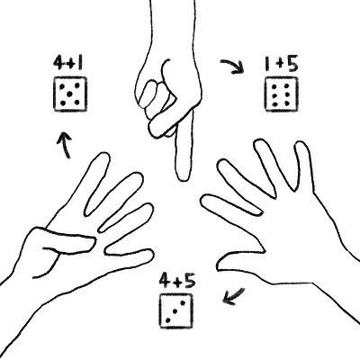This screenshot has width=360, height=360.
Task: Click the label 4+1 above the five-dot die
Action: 68,63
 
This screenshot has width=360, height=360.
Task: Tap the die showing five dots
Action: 70,94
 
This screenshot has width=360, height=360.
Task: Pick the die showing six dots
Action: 281,94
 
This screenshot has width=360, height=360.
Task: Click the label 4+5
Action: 177,281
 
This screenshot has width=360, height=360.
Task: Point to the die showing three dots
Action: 175,310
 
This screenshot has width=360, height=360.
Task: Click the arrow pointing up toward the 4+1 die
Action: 65,145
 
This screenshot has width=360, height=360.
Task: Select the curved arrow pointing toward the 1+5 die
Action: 233,66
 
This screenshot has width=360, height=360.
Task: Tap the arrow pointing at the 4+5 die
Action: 234,296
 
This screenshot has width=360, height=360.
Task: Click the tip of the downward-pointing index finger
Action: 183,180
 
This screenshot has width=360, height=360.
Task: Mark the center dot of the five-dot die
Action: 70,94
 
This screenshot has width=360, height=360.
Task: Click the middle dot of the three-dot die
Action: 175,311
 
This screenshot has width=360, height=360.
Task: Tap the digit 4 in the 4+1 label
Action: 58,63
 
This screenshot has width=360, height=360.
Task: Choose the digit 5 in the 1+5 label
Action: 292,64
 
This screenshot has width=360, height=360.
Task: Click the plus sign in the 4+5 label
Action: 177,282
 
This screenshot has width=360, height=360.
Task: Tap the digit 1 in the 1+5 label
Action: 267,64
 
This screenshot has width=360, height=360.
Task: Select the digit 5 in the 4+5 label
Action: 190,281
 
